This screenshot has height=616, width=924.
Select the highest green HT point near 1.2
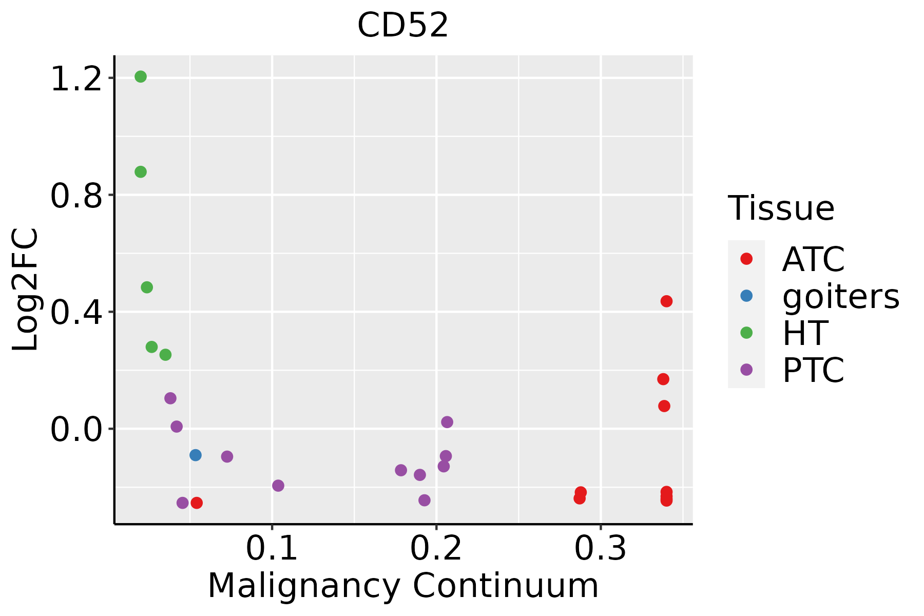[x=141, y=77]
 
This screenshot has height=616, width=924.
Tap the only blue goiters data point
[x=196, y=455]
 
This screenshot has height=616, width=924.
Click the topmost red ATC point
[x=666, y=301]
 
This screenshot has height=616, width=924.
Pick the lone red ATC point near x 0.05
[x=197, y=503]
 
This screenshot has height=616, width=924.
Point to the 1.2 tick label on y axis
[x=76, y=80]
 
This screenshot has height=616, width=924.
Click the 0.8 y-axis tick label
[x=76, y=197]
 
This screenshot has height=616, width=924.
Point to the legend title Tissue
[x=781, y=208]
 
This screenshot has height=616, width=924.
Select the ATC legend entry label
[x=813, y=259]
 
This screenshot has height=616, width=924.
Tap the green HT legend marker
[x=746, y=333]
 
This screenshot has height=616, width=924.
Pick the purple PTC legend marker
[x=746, y=370]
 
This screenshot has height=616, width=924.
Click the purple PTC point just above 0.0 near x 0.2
[x=447, y=422]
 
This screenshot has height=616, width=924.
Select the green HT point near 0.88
[x=141, y=172]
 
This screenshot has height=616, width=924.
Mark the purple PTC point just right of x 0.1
[x=278, y=486]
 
